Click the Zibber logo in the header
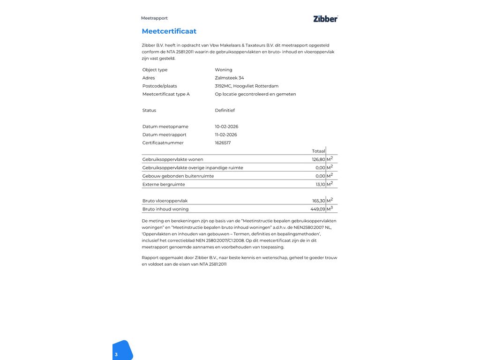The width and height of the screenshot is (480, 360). [x=325, y=19]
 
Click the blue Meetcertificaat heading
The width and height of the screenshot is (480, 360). [x=169, y=31]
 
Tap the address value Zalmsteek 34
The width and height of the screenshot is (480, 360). [x=229, y=78]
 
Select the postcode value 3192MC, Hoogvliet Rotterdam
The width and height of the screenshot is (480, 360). [x=247, y=86]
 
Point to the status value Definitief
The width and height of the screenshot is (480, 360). [x=225, y=111]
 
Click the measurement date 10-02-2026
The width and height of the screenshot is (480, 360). [x=226, y=127]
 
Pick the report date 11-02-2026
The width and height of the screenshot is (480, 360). [x=226, y=135]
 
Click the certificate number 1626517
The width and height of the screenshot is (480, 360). [x=223, y=143]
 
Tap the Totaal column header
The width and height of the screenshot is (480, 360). [x=318, y=151]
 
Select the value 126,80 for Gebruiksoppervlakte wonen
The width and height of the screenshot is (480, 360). [x=318, y=159]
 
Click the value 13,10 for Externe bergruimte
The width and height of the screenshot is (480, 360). [x=320, y=185]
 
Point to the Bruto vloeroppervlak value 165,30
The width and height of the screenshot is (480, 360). [x=318, y=201]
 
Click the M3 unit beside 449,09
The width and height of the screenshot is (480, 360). [x=330, y=209]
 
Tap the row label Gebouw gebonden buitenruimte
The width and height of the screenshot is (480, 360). [x=178, y=176]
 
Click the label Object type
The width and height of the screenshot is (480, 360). [x=155, y=70]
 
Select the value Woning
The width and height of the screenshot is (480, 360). [x=224, y=70]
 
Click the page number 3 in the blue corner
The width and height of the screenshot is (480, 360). [x=116, y=355]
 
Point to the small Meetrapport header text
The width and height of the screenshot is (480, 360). [x=154, y=18]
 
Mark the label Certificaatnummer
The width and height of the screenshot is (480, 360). [x=163, y=143]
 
